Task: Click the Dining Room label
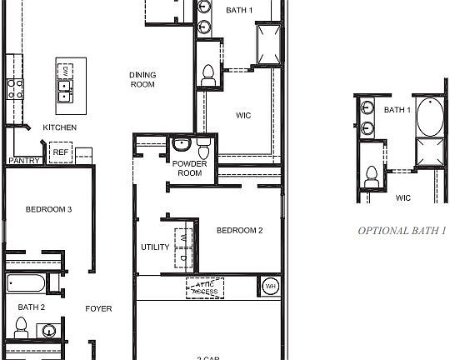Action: coord(142,79)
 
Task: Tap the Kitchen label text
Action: coord(60,127)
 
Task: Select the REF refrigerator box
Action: coord(60,152)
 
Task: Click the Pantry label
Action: coord(23,160)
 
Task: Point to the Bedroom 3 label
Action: coord(47,209)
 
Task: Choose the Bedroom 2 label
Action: coord(239,230)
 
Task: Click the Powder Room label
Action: coord(189,168)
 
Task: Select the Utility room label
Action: coord(155,247)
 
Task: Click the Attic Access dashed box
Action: coord(204,287)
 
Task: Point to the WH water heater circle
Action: coord(270,287)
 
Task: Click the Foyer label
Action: coord(98,309)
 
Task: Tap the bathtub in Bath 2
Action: coord(25,283)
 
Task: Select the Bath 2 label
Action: coord(31,307)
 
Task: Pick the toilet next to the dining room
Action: coord(207,75)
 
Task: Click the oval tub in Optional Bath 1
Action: coord(431,118)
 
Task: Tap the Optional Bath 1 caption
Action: coord(402,231)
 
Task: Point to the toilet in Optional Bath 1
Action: coord(371,177)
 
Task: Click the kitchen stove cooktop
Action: coord(14,87)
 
